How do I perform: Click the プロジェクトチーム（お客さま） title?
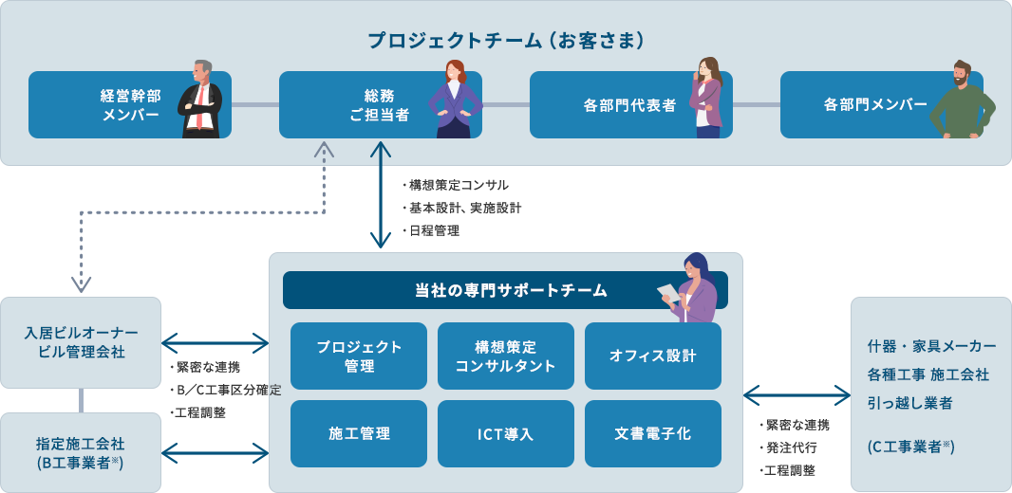pos(506,41)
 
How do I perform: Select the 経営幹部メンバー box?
pos(129,105)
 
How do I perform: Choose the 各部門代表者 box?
pos(629,105)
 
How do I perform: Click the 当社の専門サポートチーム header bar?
pos(505,290)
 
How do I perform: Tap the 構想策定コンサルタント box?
pos(506,356)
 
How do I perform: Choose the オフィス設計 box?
pos(653,356)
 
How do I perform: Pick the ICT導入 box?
pos(506,434)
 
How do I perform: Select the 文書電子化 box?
pos(653,434)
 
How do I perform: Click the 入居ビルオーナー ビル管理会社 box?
pos(81,342)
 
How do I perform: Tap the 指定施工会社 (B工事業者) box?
pos(81,452)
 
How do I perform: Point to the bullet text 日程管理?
pos(435,230)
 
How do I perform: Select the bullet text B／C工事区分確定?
pos(227,390)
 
